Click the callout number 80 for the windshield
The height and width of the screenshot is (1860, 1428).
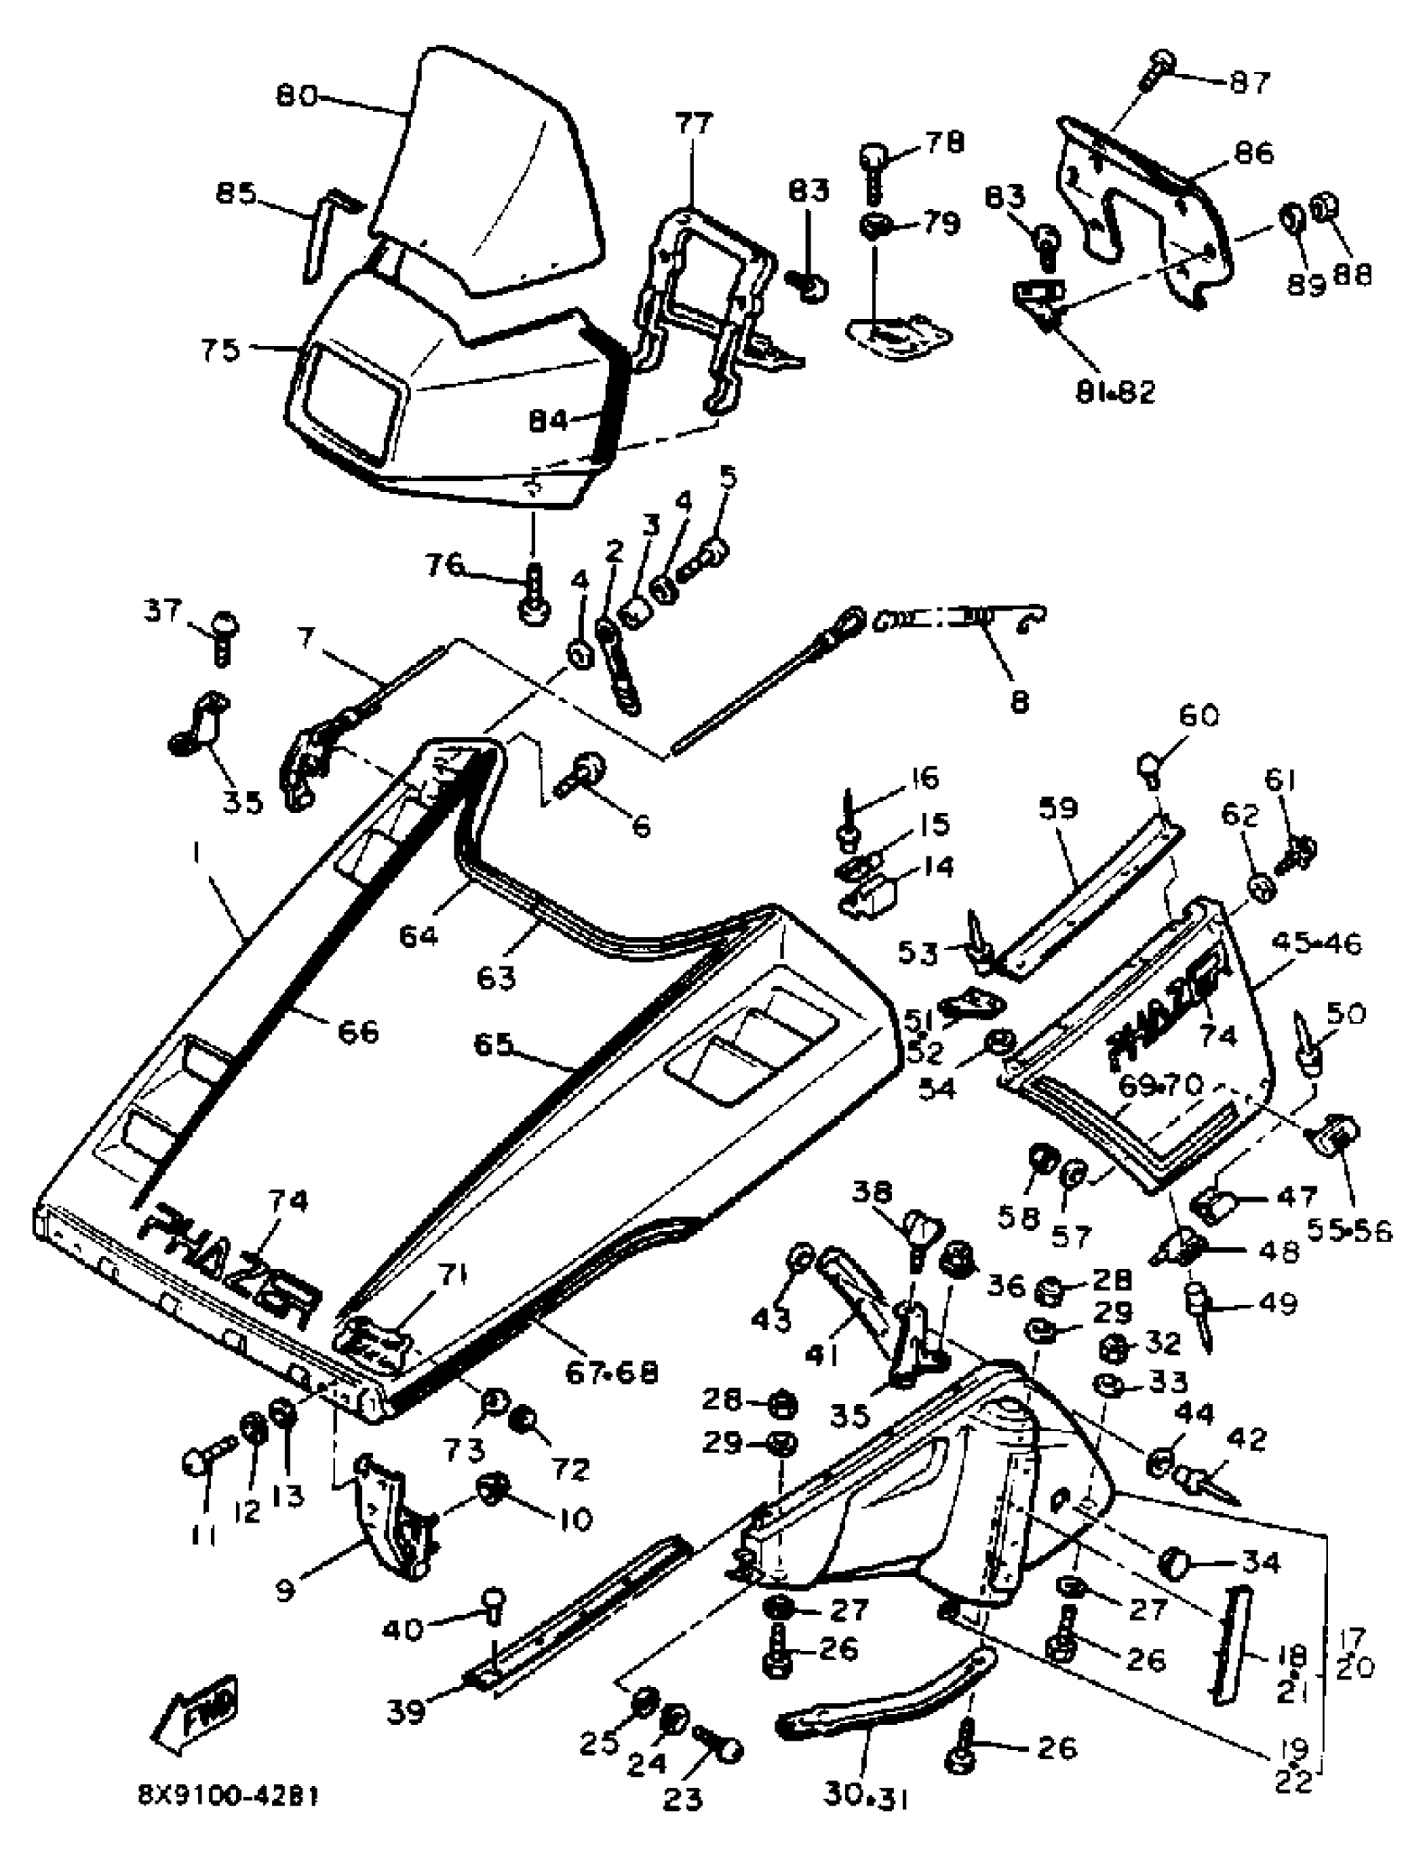coord(296,95)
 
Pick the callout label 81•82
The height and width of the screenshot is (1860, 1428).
coord(1116,392)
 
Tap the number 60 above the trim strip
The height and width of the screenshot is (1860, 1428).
coord(1198,715)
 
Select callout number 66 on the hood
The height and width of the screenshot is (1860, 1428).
coord(358,1031)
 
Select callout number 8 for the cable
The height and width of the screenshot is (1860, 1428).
coord(1019,702)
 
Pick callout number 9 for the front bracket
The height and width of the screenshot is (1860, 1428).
coord(285,1589)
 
